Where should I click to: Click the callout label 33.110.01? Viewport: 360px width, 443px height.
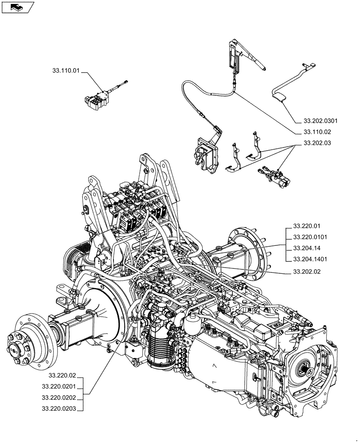[x=66, y=70]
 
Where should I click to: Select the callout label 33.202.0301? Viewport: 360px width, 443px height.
[x=321, y=120]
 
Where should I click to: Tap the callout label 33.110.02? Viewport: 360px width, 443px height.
[x=317, y=132]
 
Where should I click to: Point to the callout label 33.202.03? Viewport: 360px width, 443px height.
[x=317, y=144]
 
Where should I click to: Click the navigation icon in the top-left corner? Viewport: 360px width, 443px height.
[x=18, y=7]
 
